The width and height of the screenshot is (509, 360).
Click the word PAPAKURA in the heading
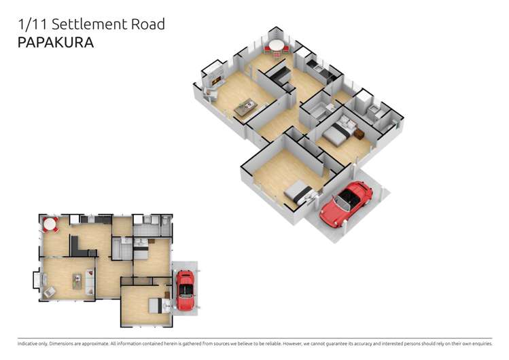tap(55, 42)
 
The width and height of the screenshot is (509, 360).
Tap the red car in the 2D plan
tap(184, 289)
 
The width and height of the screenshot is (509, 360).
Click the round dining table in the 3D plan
tap(276, 46)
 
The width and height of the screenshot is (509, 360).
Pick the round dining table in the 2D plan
tap(50, 223)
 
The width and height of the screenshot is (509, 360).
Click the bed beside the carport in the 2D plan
tap(159, 306)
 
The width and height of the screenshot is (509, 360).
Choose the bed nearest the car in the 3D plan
tap(300, 194)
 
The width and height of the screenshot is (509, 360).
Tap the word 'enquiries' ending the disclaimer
tap(478, 344)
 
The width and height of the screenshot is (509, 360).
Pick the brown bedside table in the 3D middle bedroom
tap(358, 134)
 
